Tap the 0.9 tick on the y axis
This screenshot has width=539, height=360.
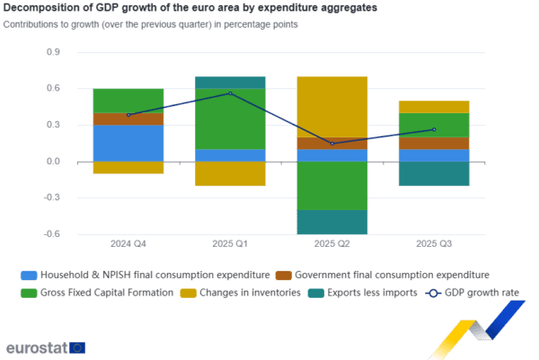point(52,53)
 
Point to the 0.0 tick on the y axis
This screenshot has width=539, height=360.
point(52,162)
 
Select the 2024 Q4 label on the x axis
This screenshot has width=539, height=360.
point(128,243)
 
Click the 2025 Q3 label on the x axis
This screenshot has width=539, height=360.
point(434,243)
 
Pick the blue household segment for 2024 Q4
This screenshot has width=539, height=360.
point(128,143)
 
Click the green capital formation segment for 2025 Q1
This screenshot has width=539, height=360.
point(231,119)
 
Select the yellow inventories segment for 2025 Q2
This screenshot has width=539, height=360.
point(332,107)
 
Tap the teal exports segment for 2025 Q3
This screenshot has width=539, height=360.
point(434,173)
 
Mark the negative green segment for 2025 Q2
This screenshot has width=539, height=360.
point(332,185)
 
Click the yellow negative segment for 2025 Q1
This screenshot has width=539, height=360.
point(231,173)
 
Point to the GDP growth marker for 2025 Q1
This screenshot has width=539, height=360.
point(231,93)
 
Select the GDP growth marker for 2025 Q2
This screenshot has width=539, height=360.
point(332,144)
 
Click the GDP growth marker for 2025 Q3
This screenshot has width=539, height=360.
point(434,130)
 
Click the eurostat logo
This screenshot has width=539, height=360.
point(45,347)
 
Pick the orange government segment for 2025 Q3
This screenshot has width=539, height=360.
point(434,143)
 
